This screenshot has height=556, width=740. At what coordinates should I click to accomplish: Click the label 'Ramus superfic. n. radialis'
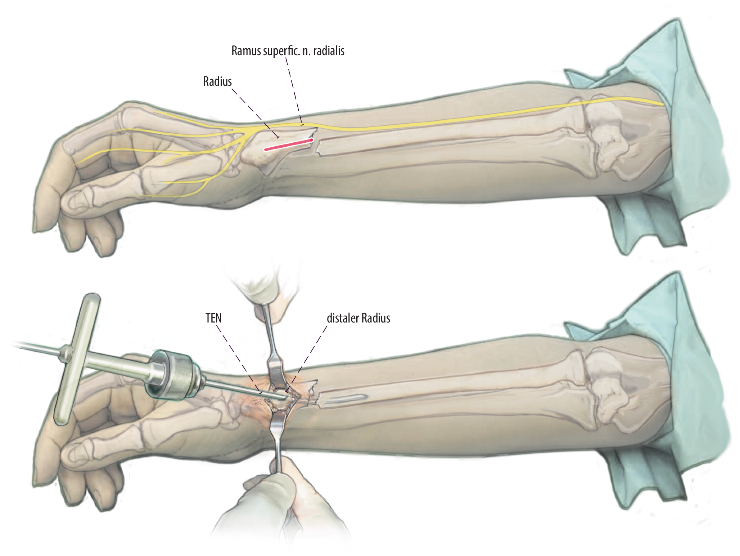point(288,51)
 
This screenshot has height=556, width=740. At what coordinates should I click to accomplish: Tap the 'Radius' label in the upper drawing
point(217,82)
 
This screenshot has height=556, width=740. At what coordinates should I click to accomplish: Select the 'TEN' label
point(213,319)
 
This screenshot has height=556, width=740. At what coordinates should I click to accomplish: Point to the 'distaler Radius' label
point(358,319)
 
